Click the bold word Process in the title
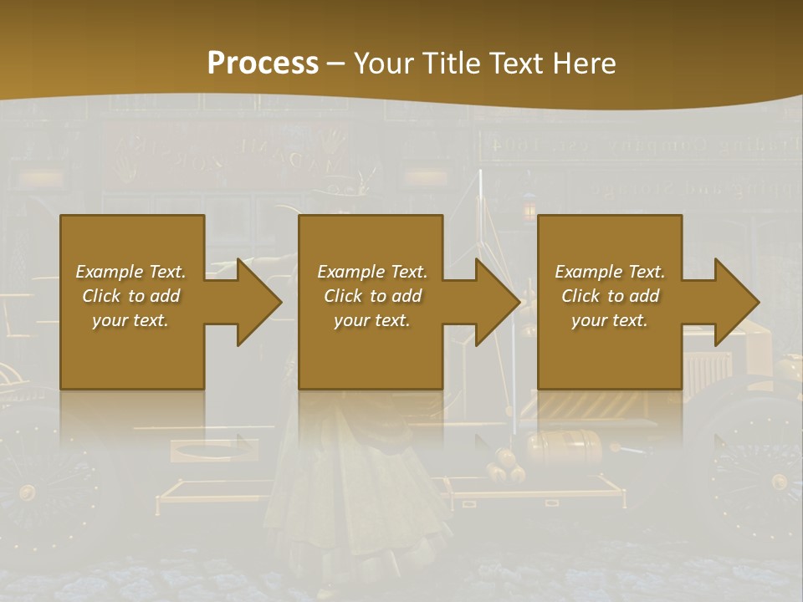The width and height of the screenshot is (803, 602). pos(263,64)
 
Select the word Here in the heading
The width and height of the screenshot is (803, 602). pos(583,64)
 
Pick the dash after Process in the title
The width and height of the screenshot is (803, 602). pos(336,64)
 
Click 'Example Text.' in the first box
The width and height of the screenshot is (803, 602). pos(130,272)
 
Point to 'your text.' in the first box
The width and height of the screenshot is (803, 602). pos(130,320)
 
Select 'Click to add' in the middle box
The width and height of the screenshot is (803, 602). pos(372,296)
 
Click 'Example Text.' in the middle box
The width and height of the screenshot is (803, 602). pos(372,272)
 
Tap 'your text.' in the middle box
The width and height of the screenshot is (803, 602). pos(372,320)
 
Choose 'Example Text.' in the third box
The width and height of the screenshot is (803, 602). pos(610,272)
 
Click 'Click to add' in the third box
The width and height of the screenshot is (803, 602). pos(610,296)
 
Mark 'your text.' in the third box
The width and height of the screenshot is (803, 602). pos(610,320)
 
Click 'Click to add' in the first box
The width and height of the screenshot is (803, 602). pos(130,296)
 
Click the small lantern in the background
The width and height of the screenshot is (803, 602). pos(528,207)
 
